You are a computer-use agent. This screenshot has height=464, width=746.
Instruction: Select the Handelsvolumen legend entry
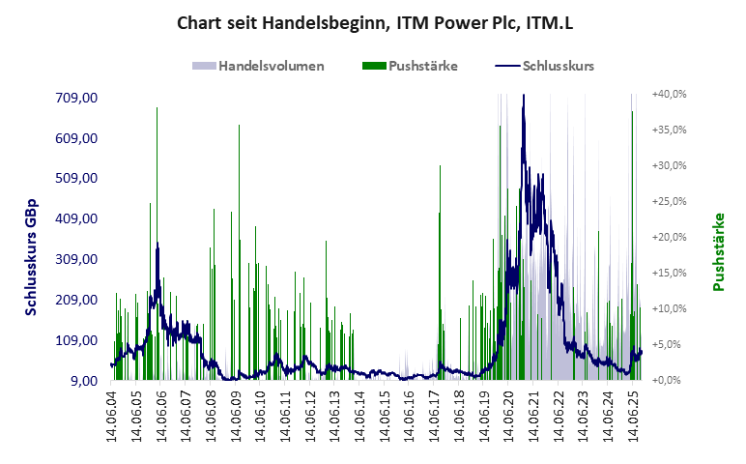(271, 67)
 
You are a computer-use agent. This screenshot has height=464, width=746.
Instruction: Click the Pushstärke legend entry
(423, 67)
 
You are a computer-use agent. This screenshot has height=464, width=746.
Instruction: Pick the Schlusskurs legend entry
(558, 67)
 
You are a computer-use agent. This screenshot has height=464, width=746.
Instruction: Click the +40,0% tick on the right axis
(669, 95)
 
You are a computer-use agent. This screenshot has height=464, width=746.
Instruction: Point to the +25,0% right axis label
(669, 202)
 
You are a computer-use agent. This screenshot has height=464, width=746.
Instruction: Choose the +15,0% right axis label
(669, 274)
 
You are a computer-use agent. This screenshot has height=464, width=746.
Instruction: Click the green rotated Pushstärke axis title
(718, 252)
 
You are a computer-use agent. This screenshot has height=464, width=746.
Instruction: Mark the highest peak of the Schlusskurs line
(523, 96)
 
